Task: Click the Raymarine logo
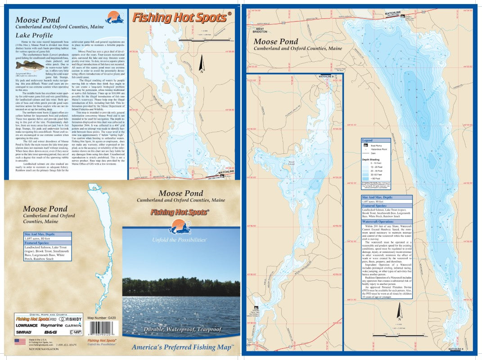pyautogui.click(x=51, y=325)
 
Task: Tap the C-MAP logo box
pyautogui.click(x=76, y=332)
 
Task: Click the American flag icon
pyautogui.click(x=20, y=342)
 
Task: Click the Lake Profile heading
pyautogui.click(x=34, y=35)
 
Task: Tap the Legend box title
pyautogui.click(x=368, y=140)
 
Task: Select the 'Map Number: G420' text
pyautogui.click(x=103, y=318)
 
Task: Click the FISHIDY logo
pyautogui.click(x=70, y=319)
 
